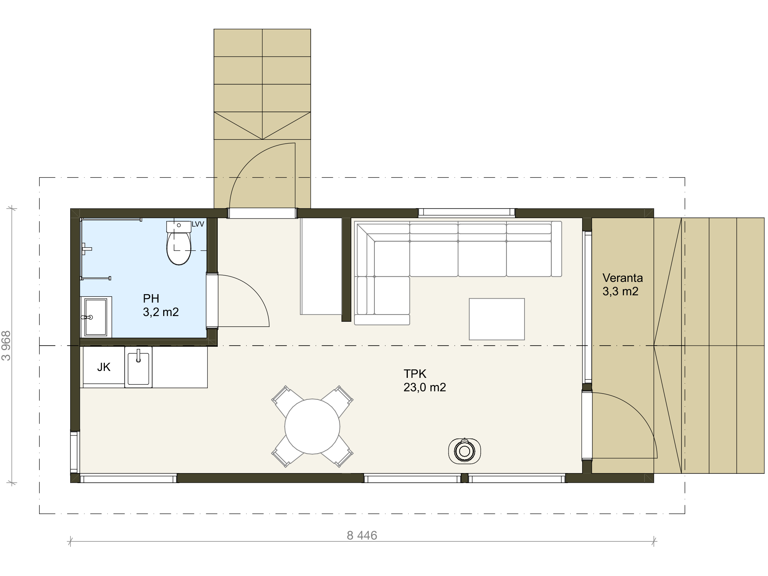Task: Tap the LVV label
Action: point(198,224)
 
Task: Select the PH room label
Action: point(151,298)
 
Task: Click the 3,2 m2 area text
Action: point(161,312)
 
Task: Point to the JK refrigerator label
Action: point(104,367)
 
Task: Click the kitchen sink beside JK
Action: point(138,367)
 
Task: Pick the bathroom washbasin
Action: point(96,317)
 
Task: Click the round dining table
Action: point(312,426)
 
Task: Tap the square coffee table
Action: point(497,319)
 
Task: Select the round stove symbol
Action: point(465,451)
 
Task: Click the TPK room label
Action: point(415,374)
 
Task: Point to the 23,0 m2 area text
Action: point(425,387)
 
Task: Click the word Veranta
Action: point(622,278)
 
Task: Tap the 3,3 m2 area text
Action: point(620,291)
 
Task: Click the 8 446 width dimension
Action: point(362,535)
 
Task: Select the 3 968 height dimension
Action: point(7,346)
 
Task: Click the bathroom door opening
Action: point(212,300)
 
